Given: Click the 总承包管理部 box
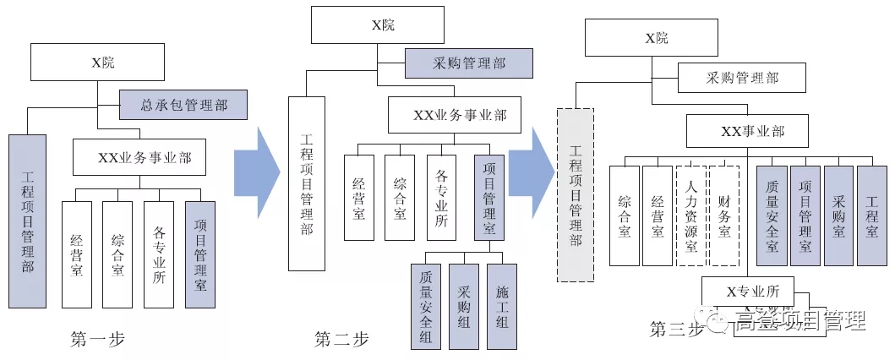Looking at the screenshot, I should coord(183,105).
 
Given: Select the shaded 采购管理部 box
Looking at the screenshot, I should coord(468,63).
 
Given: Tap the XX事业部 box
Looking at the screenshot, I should coord(747,131).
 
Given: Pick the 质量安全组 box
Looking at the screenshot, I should coord(425,306).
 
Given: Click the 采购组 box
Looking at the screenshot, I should coord(464,306).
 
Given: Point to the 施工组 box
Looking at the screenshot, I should coord(503,306).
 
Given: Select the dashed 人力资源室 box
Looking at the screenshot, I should coord(690,215).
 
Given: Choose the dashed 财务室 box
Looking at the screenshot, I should coord(723,215).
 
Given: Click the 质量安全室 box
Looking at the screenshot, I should coord(772,215).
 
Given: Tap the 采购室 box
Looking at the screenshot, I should coord(838,215).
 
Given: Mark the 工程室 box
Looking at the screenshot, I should coord(871,215).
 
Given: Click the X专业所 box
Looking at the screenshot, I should coord(747,291).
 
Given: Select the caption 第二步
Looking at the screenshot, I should coord(341,340).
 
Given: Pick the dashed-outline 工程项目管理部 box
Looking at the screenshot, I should coord(576,195).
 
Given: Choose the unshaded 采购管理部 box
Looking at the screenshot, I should coord(741,79).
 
